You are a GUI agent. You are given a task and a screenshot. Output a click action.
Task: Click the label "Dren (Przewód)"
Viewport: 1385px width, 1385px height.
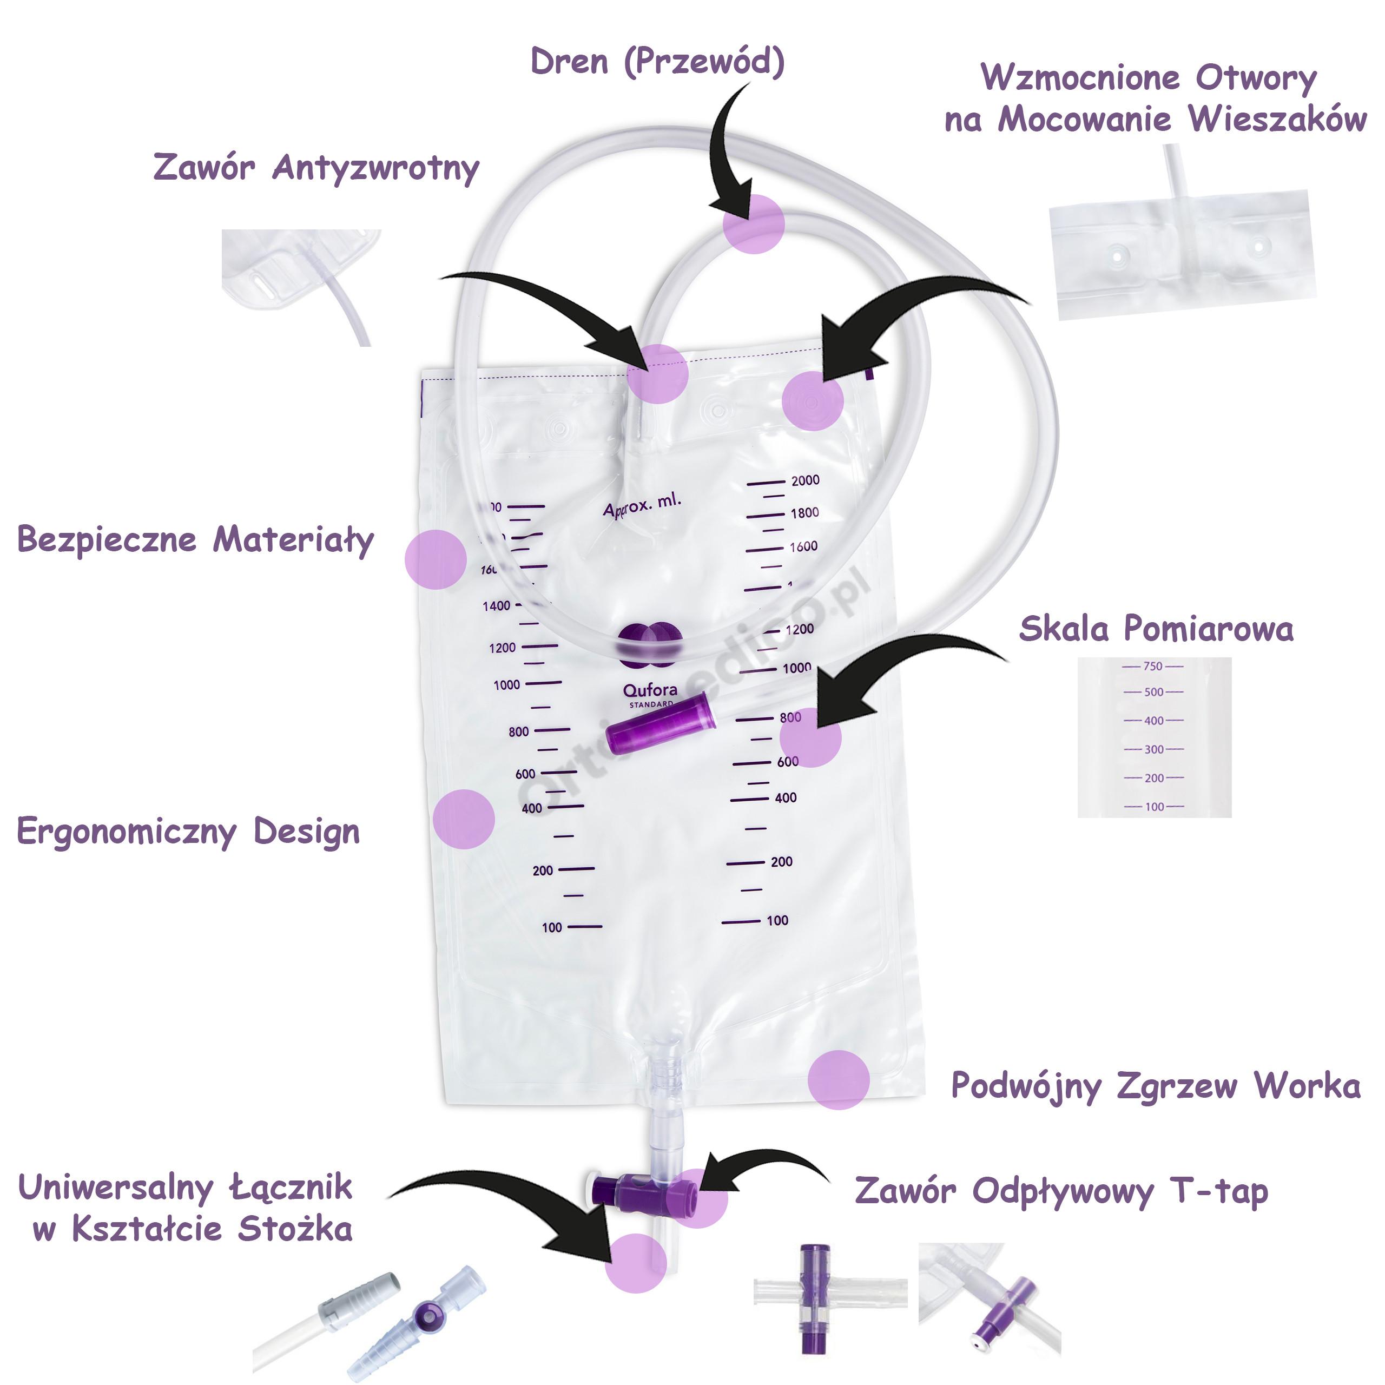tap(657, 62)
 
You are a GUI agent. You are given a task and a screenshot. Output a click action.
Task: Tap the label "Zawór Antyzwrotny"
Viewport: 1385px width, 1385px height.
tap(316, 168)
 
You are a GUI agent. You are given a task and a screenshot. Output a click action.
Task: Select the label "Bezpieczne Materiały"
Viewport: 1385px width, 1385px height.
tap(195, 540)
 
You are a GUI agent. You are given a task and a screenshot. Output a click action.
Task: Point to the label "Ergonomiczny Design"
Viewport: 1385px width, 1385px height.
tap(188, 832)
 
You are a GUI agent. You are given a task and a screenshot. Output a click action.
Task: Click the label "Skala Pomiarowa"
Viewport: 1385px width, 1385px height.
tap(1156, 629)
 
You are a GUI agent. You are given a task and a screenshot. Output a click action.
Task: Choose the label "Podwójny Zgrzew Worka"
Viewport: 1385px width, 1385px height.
tap(1156, 1086)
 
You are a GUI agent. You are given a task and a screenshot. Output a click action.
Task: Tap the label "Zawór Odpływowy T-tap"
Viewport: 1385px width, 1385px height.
tap(1061, 1191)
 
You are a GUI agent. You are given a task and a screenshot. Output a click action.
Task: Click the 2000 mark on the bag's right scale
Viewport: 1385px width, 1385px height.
tap(805, 481)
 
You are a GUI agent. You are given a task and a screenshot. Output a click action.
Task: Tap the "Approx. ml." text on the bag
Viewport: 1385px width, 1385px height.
tap(642, 505)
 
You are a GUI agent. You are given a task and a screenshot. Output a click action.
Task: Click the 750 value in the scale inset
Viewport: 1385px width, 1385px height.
tap(1153, 667)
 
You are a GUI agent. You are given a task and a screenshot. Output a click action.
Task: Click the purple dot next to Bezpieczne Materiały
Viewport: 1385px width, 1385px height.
tap(435, 559)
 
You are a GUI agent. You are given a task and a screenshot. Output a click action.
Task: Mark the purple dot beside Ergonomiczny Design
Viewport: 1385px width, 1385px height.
tap(464, 819)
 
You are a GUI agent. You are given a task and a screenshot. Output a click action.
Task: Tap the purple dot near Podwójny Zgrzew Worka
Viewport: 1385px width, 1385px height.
tap(838, 1080)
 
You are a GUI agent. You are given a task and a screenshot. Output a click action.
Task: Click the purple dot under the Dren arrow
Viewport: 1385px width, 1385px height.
tap(754, 223)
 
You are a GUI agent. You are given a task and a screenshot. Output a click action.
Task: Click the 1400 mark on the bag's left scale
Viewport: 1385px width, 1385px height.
tap(496, 606)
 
